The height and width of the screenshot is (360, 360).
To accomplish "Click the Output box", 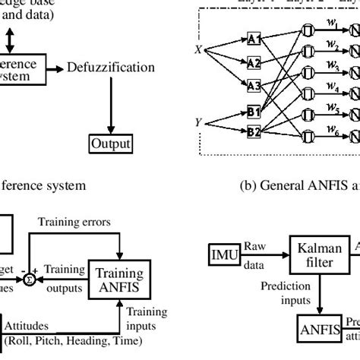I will point(111,144).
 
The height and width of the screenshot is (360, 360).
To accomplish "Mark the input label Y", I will point(199,119).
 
